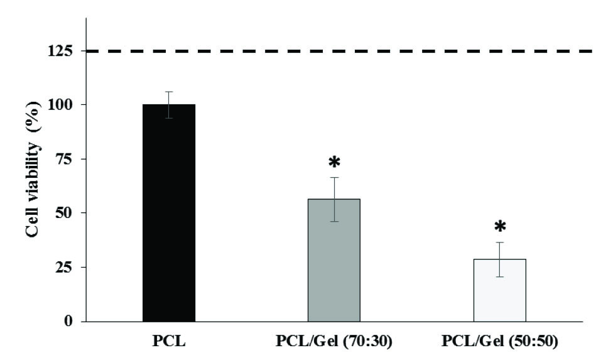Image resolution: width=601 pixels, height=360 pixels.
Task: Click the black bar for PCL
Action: (x=169, y=214)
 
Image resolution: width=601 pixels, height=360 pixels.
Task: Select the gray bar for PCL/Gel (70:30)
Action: (x=333, y=261)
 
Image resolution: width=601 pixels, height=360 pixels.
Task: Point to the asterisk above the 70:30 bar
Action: (x=334, y=163)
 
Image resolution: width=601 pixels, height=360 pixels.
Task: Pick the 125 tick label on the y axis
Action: (x=59, y=51)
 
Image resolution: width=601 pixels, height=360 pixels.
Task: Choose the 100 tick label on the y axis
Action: (x=59, y=105)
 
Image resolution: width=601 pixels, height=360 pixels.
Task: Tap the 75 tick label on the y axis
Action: (x=63, y=159)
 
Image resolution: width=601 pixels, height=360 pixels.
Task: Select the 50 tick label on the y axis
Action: (x=63, y=213)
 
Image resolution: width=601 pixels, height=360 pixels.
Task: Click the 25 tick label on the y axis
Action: (x=63, y=267)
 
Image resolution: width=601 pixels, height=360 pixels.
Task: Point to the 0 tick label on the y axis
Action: (x=67, y=321)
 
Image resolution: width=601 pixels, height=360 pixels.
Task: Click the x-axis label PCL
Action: (x=168, y=343)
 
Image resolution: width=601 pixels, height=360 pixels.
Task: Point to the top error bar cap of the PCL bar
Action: (x=169, y=92)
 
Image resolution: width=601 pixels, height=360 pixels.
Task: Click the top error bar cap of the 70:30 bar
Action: (x=333, y=178)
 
